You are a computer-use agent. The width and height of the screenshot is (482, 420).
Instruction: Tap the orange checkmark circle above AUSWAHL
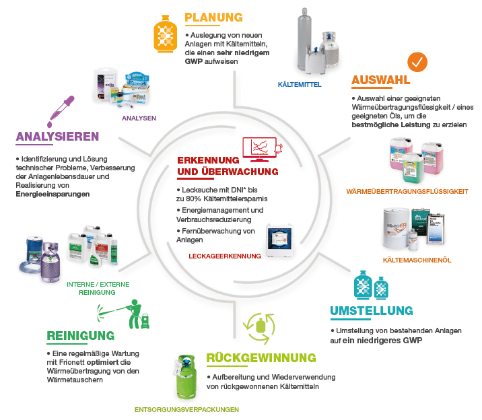(x=418, y=62)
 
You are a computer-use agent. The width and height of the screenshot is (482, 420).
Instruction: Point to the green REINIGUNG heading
(x=80, y=335)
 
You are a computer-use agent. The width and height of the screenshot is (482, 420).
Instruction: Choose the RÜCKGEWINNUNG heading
(x=261, y=357)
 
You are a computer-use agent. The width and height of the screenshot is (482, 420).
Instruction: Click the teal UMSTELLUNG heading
(x=372, y=310)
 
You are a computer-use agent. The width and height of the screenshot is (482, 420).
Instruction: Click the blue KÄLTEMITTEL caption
(x=300, y=85)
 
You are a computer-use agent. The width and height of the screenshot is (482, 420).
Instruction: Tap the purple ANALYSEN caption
(x=139, y=118)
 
